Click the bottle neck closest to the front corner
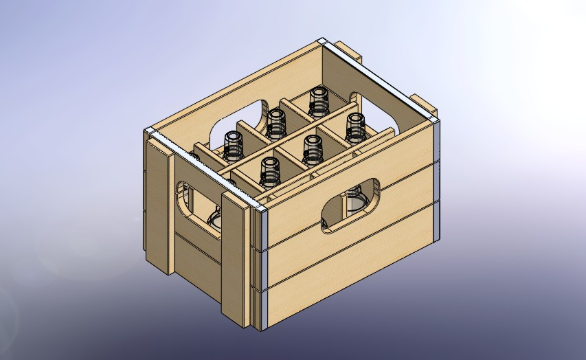[269, 172]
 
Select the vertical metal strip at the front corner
[260, 268]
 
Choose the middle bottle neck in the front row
[313, 148]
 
